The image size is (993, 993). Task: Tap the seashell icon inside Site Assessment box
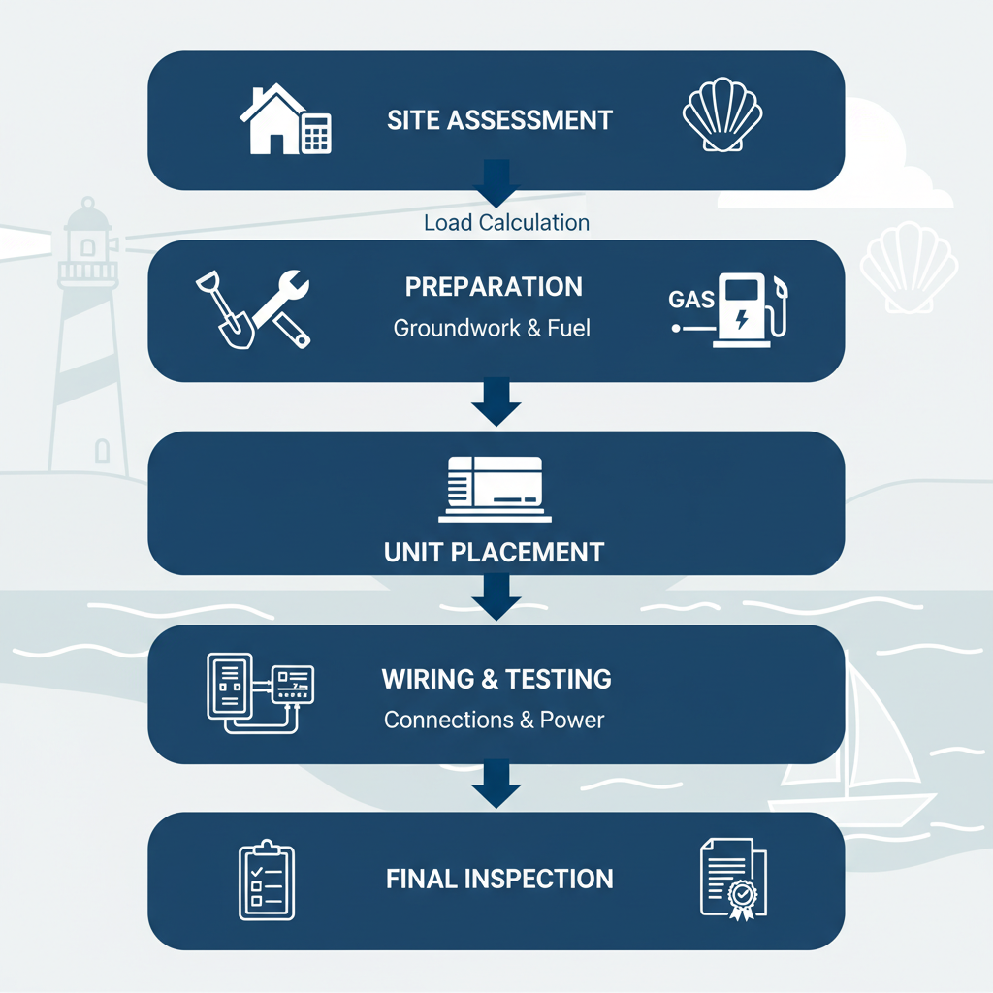722,115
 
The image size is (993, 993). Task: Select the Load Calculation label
506,222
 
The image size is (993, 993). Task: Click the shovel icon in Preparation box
225,309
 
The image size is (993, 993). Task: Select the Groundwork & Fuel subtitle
492,328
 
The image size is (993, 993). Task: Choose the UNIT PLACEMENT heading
494,553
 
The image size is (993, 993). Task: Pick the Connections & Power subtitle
494,721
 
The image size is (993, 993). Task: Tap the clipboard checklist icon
266,880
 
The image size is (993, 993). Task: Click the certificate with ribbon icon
732,879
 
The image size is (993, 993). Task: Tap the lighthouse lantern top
90,233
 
